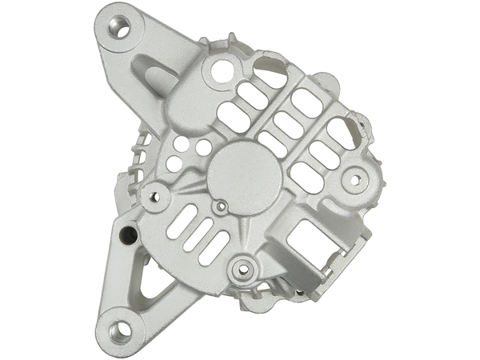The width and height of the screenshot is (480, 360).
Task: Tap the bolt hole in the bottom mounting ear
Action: click(x=122, y=328)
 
